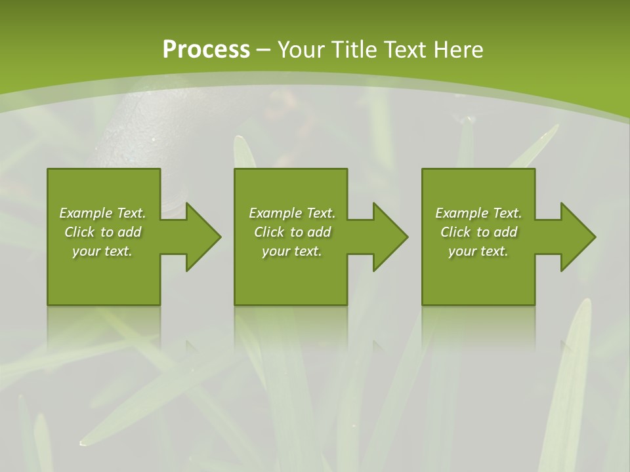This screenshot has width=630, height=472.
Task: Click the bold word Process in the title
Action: [x=206, y=49]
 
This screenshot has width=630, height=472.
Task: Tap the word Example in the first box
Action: [x=86, y=213]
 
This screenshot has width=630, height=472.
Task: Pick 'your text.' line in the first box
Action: [x=102, y=251]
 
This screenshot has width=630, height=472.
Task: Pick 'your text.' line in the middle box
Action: [x=292, y=251]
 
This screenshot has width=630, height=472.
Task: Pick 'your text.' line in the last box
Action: [x=478, y=251]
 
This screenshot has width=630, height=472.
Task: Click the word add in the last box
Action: [x=505, y=232]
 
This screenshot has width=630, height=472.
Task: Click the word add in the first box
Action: [x=129, y=232]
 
